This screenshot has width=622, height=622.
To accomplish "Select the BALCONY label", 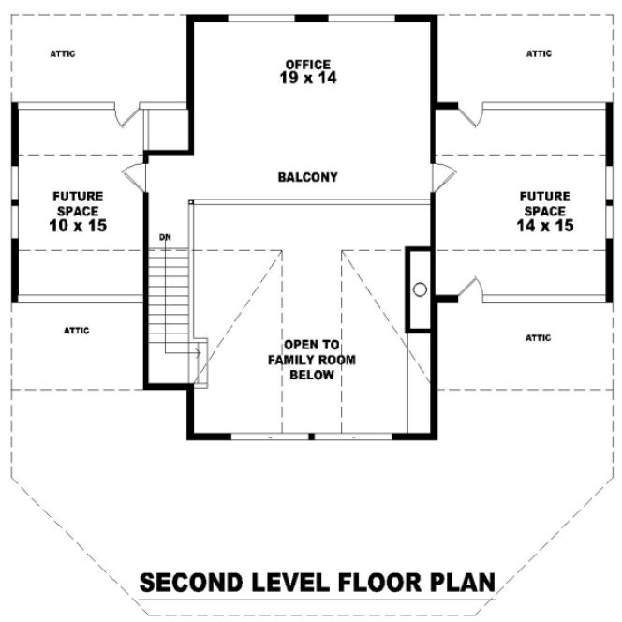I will pos(307,177).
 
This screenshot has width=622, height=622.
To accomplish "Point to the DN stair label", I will pos(165,236).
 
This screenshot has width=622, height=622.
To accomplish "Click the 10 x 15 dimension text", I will pos(78,226).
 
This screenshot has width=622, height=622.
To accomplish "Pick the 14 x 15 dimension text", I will pos(544,226).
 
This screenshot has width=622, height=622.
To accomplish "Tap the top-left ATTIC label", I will pos(63,53).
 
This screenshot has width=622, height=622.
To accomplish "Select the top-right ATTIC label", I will pos(539,53).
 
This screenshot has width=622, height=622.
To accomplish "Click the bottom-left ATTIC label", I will pos(76,330).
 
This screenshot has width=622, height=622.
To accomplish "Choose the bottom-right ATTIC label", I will pos(539,337).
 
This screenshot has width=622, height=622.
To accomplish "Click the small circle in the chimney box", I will pos(420,289).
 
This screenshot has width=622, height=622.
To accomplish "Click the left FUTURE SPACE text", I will pos(78,203).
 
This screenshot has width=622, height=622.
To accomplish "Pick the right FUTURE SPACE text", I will pos(544,203).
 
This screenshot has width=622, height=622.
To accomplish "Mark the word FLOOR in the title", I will pos(368,582).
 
